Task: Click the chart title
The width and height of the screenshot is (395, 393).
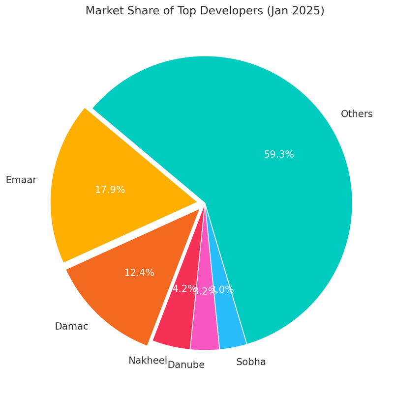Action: [205, 11]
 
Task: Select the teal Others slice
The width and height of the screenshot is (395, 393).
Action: [275, 206]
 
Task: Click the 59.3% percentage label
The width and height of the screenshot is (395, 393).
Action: [279, 155]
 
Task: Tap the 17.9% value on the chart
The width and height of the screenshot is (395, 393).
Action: [110, 190]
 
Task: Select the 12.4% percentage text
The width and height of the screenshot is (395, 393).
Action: [139, 273]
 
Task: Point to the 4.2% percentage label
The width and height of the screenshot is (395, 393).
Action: [183, 289]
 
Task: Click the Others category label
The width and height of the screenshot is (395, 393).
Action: [357, 114]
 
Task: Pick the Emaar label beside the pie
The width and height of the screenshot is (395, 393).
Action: [21, 180]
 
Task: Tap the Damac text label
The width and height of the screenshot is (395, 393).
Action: [71, 327]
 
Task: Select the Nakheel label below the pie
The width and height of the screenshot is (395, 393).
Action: [148, 361]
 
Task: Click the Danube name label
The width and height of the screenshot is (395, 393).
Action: [186, 365]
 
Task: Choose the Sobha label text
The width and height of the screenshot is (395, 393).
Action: [251, 363]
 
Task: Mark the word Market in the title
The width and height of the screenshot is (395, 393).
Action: [104, 11]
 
